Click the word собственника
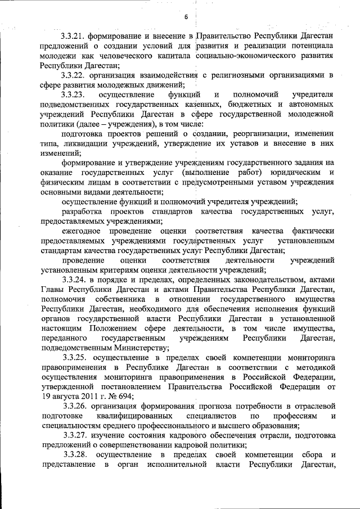pyautogui.click(x=120, y=299)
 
